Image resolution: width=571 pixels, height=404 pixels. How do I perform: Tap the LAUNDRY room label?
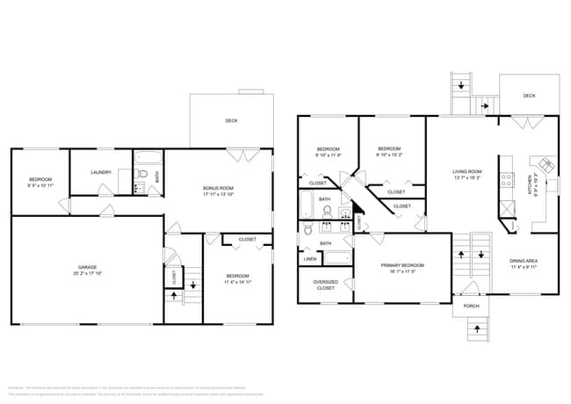(x=101, y=172)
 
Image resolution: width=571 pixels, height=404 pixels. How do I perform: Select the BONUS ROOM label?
(x=218, y=188)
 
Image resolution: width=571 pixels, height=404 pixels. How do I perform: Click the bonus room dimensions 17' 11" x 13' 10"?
(x=218, y=194)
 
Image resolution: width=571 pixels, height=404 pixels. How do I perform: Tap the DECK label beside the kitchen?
(x=529, y=97)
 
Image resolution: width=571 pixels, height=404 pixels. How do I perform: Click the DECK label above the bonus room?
(x=231, y=121)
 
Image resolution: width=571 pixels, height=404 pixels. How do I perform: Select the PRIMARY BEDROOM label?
(x=402, y=264)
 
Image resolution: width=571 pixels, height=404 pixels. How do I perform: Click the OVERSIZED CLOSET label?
(x=325, y=285)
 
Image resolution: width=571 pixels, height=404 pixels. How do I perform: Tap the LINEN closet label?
(x=310, y=260)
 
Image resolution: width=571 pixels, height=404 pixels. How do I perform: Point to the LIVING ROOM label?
(x=467, y=171)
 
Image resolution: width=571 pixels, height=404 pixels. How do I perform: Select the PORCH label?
(x=471, y=307)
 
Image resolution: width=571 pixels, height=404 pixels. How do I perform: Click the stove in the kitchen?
(x=507, y=179)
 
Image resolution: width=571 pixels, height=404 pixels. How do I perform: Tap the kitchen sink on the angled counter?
(x=546, y=163)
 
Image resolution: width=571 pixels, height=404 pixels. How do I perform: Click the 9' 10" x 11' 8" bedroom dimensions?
(x=328, y=155)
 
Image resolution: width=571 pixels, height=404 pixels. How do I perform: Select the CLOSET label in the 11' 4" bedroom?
(x=247, y=239)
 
